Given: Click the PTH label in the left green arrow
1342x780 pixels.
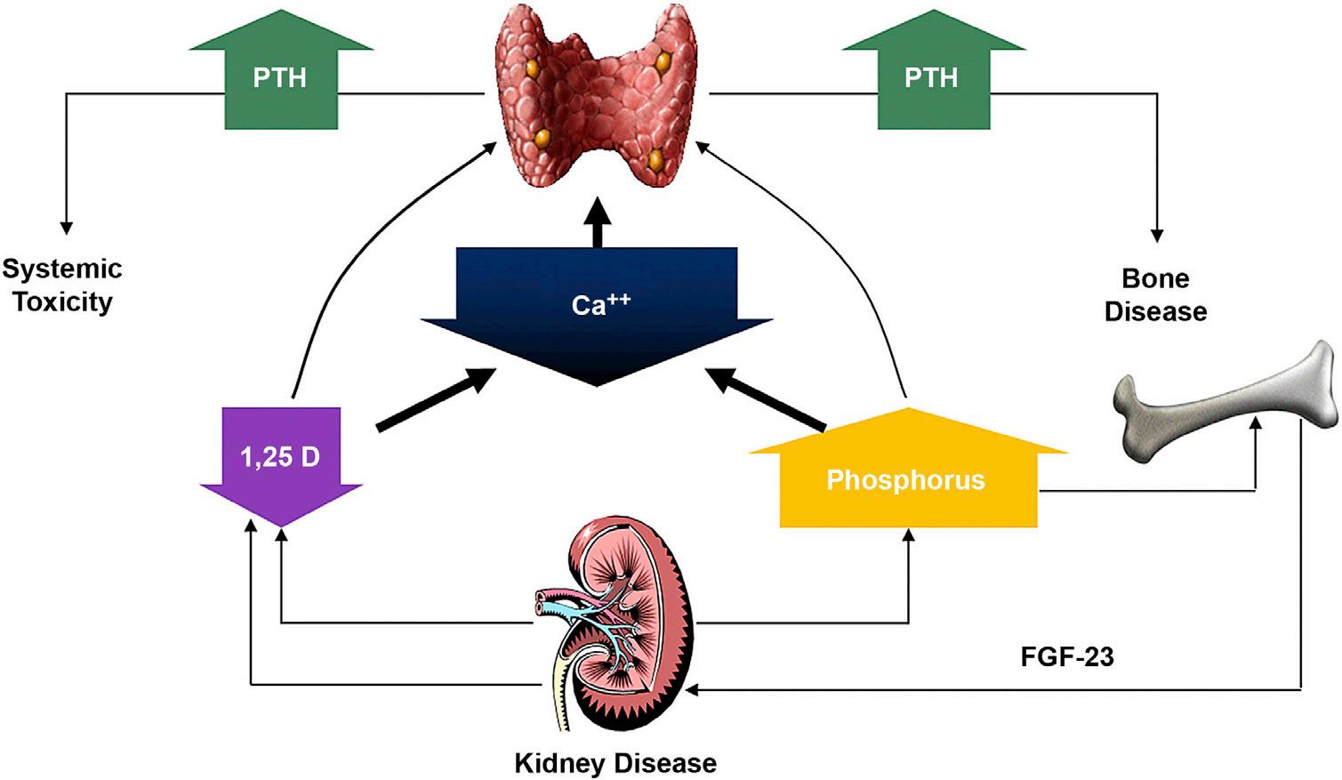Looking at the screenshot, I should point(279,78).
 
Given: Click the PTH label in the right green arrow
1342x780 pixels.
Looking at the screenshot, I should point(930,78).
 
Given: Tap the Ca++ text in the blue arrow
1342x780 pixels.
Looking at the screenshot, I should point(600,304).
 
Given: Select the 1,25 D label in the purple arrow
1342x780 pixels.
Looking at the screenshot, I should point(280,457).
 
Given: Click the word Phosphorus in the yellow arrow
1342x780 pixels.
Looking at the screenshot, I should point(905,480).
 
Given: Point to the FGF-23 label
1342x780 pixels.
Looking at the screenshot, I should point(1067,657).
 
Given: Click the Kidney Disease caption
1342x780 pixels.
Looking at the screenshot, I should point(615,763).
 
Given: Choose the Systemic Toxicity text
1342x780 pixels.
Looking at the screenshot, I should point(62,285).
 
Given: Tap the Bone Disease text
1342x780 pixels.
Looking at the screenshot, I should point(1155,295).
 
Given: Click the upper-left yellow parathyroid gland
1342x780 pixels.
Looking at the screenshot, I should point(533,68).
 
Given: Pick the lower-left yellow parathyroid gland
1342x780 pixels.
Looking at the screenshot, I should point(542,138).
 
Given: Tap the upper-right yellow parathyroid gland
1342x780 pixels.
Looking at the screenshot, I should point(663,60).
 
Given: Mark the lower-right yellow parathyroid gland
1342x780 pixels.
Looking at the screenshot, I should point(656,160).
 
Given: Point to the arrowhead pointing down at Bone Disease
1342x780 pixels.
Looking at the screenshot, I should point(1157,236).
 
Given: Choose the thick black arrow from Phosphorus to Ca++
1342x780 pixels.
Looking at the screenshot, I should point(765,399).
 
